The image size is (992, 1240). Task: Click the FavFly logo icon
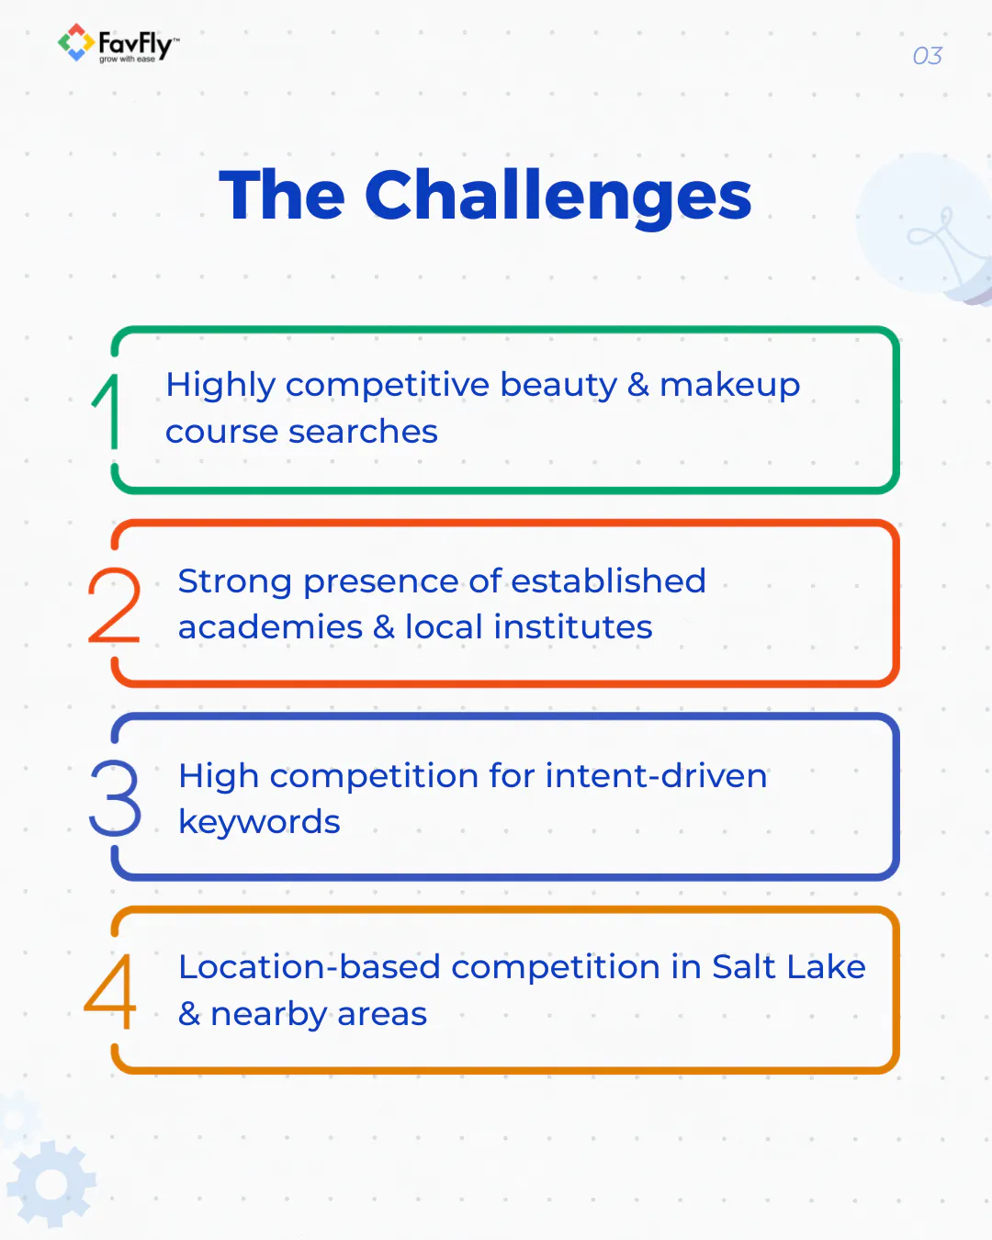(x=75, y=42)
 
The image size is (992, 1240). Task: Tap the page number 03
(x=927, y=56)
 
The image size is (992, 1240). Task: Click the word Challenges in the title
(x=558, y=196)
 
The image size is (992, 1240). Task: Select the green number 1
(x=108, y=411)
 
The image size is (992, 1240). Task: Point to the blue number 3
(x=115, y=797)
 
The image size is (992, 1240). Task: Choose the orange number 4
(x=111, y=991)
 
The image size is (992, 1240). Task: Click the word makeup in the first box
(x=729, y=385)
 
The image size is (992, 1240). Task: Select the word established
(x=608, y=581)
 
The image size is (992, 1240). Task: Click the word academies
(x=270, y=627)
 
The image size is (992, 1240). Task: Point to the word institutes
(x=573, y=627)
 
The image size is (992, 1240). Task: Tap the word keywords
(x=259, y=822)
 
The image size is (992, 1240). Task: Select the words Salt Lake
(x=788, y=967)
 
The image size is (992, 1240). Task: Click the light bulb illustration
(x=928, y=230)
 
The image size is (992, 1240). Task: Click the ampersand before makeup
(x=638, y=385)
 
